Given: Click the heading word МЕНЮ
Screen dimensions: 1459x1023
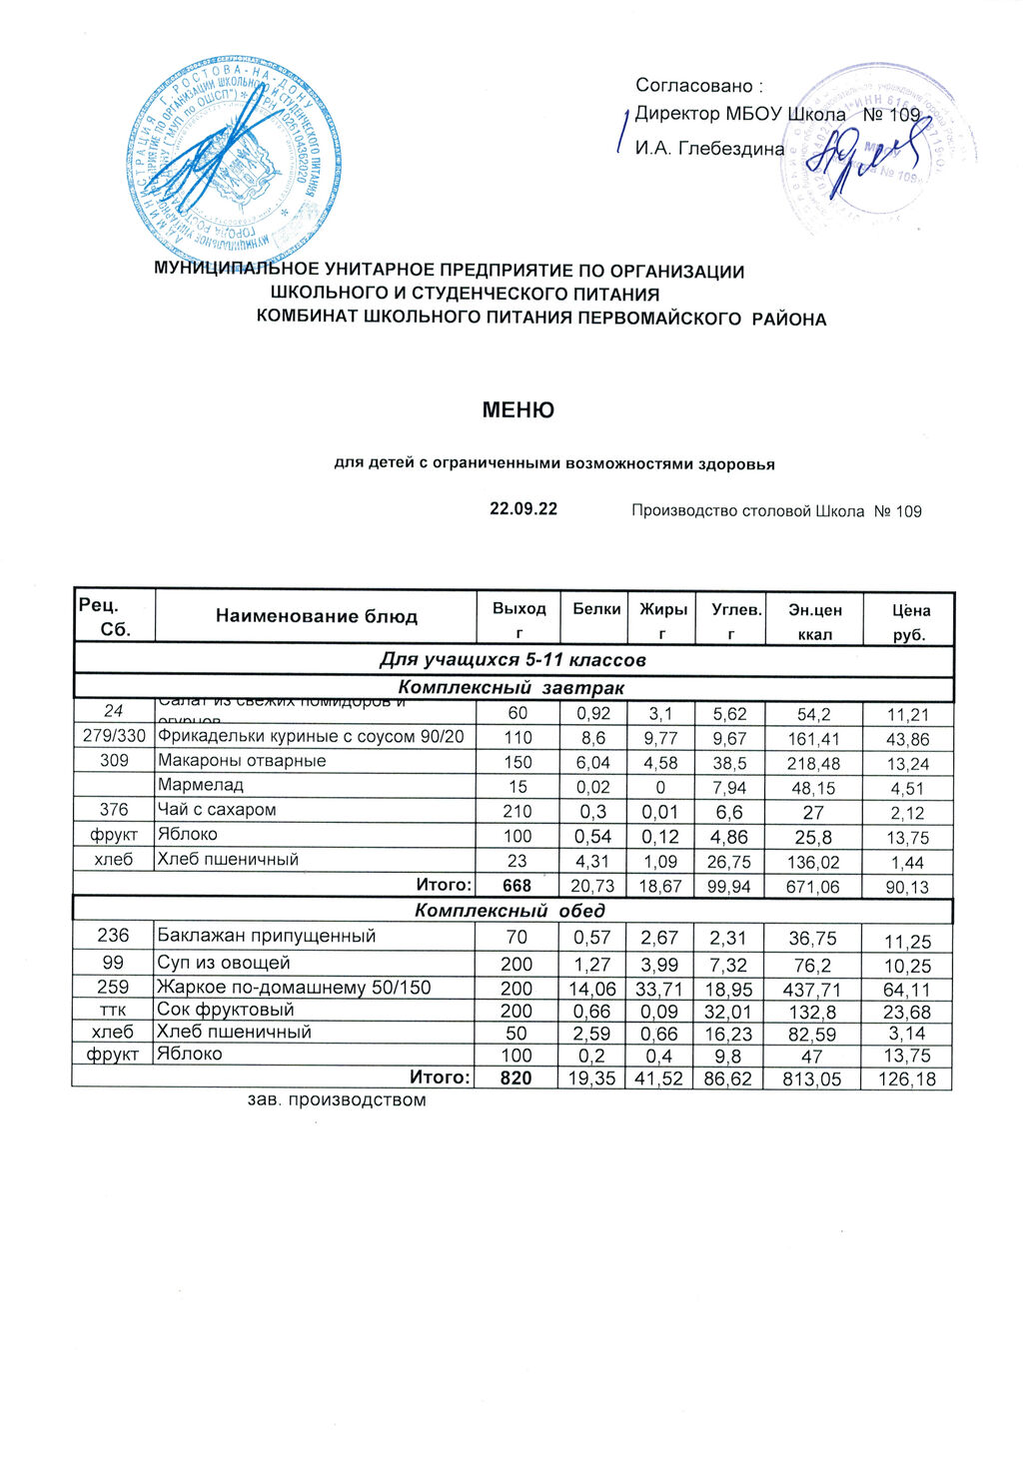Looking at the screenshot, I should click(x=517, y=409).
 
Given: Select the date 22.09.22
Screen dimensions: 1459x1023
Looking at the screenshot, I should click(x=522, y=509).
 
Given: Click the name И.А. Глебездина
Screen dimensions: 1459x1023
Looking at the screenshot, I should click(x=709, y=148).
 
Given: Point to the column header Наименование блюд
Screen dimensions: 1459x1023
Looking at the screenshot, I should click(x=316, y=616).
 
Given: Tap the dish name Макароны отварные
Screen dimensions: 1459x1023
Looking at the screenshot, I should click(x=242, y=761).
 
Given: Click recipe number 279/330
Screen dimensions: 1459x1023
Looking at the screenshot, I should click(x=113, y=737).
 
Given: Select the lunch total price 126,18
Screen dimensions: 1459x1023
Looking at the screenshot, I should click(x=907, y=1079).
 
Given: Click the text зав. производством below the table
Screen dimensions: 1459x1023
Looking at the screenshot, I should click(x=337, y=1100).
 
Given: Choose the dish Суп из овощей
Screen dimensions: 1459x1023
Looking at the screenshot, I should click(x=224, y=963).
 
